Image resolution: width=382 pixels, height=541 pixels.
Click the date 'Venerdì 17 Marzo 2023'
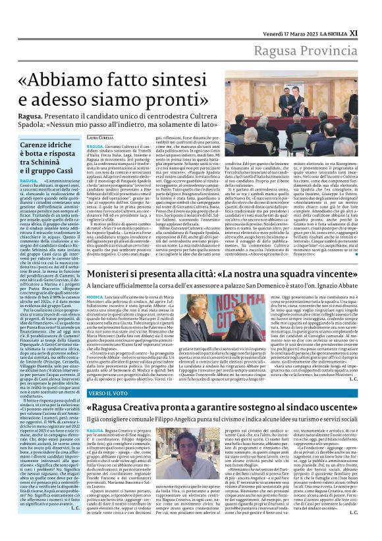coord(283,12)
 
